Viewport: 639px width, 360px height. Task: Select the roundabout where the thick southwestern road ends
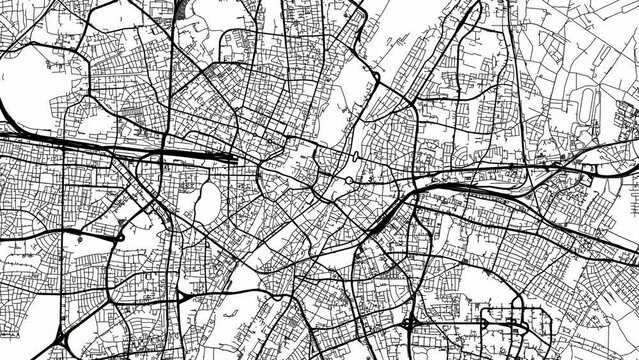[120, 239]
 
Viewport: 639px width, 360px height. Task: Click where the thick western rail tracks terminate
[234, 156]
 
